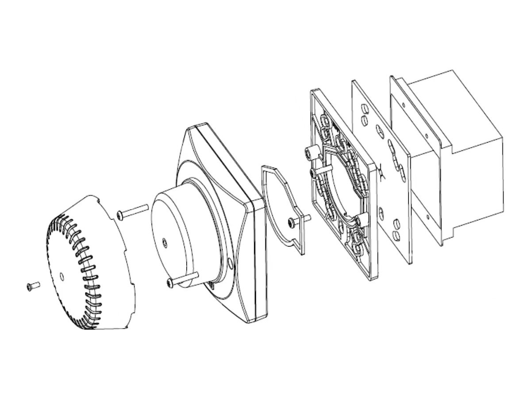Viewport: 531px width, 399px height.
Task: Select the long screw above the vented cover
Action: point(132,211)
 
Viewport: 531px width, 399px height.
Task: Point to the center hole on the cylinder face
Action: point(165,242)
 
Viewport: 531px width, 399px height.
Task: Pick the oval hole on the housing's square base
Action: point(230,264)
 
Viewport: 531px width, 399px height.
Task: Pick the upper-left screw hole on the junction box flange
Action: point(404,105)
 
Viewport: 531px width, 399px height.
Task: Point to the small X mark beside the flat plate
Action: point(381,170)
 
